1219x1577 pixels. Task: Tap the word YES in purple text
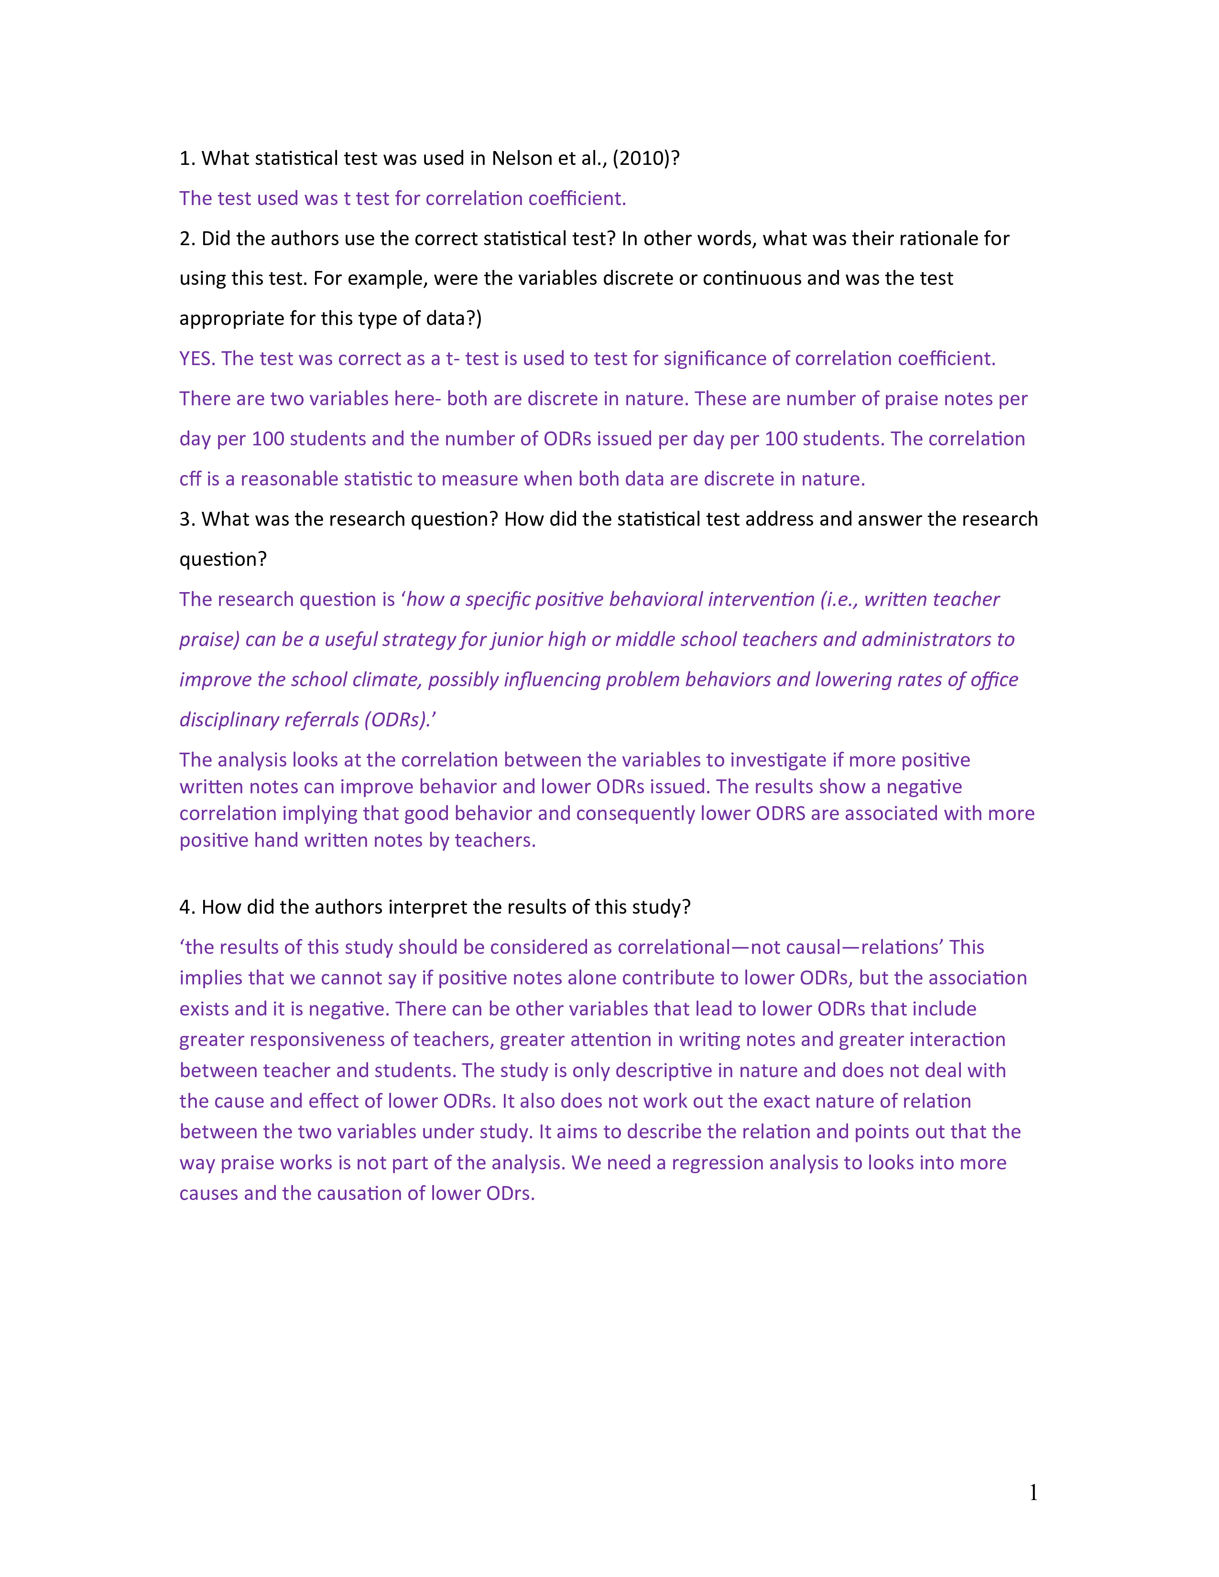(195, 359)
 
